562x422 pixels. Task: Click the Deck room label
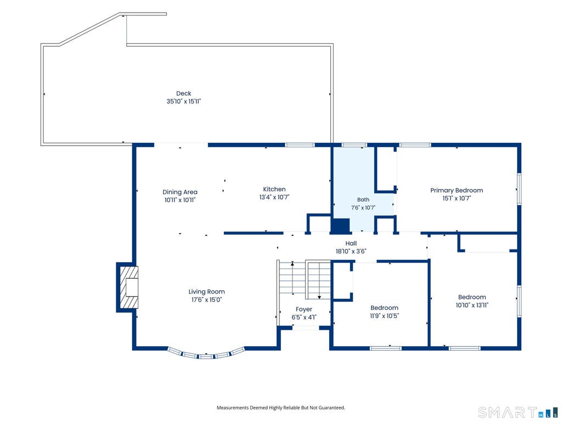click(183, 93)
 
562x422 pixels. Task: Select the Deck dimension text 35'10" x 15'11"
click(183, 102)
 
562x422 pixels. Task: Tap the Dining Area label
click(180, 192)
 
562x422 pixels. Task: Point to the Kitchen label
click(274, 189)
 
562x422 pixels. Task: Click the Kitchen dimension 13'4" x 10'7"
click(274, 197)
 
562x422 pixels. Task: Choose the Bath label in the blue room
click(363, 199)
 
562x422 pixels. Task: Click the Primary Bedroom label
click(457, 190)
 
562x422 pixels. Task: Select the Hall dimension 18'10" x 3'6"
click(351, 251)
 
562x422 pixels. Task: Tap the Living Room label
click(207, 292)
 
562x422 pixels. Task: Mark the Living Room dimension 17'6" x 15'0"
click(207, 299)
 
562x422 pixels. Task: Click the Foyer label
click(304, 309)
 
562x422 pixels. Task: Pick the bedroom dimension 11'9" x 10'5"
click(384, 316)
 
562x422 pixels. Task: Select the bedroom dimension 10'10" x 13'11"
click(472, 305)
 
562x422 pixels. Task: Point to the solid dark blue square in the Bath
click(340, 226)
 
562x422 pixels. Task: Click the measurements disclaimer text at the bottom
click(280, 408)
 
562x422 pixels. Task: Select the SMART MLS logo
click(518, 412)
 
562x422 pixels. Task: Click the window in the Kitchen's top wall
click(300, 145)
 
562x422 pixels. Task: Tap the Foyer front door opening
click(306, 327)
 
